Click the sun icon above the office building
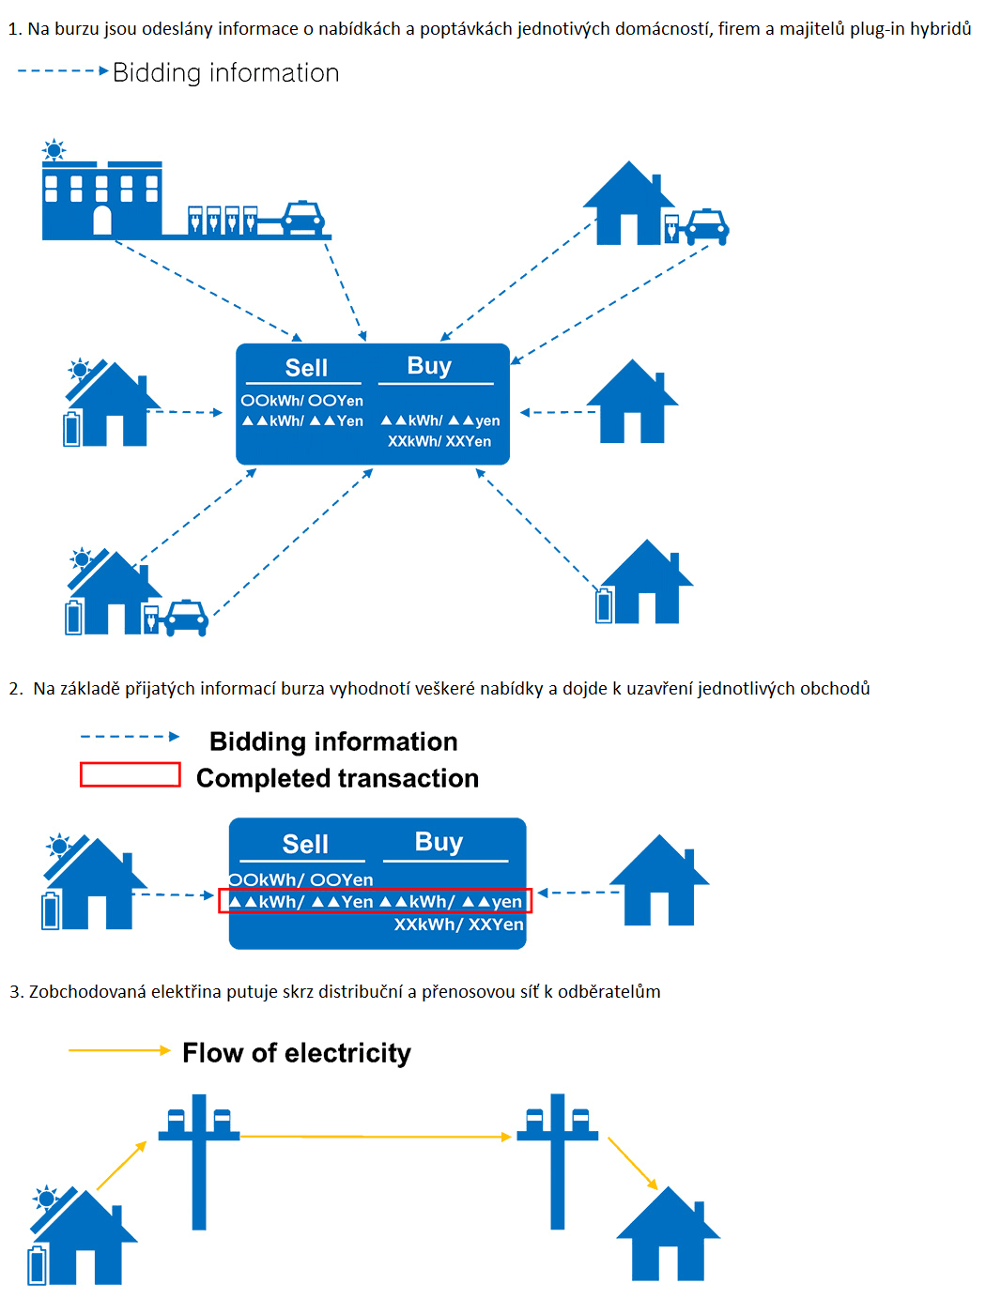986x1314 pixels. (54, 150)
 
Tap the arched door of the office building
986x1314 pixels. (102, 221)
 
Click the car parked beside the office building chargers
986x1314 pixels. (302, 218)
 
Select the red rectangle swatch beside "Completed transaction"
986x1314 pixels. (130, 774)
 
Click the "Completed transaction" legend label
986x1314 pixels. (337, 778)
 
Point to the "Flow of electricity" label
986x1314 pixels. (297, 1053)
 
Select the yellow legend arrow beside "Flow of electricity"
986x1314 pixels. (119, 1050)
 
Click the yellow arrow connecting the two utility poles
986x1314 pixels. (376, 1137)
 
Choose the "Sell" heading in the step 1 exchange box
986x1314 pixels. (306, 368)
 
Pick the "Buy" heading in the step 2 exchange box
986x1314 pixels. (439, 842)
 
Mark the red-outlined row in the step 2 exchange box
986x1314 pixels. (376, 901)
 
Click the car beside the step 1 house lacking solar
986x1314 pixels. (707, 226)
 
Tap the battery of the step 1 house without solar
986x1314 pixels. (604, 605)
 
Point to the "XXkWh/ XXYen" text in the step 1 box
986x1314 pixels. (439, 441)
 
